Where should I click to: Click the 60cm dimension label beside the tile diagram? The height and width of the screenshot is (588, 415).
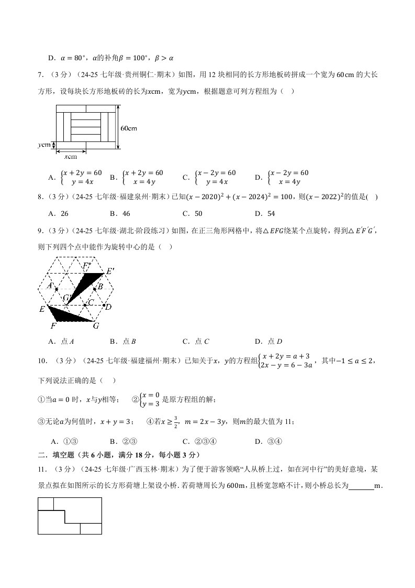point(129,128)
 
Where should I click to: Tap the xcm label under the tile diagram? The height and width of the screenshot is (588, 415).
point(71,156)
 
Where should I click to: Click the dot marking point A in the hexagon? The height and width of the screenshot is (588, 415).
point(57,289)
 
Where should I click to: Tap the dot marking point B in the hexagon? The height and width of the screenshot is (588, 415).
point(94,289)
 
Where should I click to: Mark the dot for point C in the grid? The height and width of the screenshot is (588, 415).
point(85,304)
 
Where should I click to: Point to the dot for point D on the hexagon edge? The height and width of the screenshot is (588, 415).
point(104,305)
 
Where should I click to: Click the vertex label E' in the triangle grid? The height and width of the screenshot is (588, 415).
point(110,271)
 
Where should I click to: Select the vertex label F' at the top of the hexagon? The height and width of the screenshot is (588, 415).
point(87,266)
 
